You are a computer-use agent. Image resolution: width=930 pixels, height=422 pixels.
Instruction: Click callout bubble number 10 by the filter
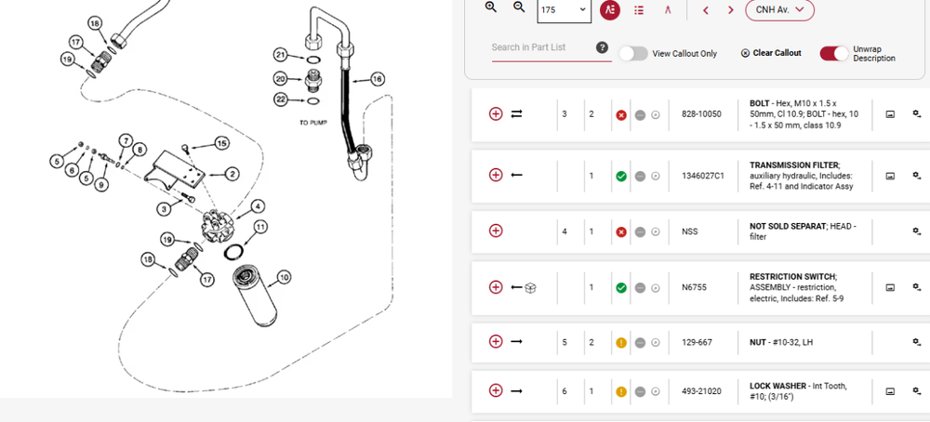point(284,277)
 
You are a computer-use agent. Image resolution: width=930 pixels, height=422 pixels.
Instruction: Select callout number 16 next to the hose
point(378,79)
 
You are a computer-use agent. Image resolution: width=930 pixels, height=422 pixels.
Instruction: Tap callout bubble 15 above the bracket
point(222,143)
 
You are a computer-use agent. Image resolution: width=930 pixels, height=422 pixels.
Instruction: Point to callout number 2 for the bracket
point(232,174)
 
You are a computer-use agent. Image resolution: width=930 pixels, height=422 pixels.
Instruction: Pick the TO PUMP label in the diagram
point(313,123)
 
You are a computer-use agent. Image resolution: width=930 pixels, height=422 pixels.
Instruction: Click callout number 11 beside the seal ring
point(260,227)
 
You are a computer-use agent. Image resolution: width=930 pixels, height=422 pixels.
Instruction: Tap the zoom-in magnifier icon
point(490,7)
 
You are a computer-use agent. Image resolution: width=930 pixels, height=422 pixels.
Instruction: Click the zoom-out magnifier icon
point(519,7)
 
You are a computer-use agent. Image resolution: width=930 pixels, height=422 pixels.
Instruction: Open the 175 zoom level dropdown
point(565,9)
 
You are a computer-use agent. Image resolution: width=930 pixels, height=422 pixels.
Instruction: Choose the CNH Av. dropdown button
point(779,9)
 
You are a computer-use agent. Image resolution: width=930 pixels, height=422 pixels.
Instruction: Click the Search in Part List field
point(543,47)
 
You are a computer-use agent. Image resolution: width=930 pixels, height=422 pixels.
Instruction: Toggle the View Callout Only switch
point(633,53)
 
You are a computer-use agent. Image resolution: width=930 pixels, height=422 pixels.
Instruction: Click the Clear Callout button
point(771,53)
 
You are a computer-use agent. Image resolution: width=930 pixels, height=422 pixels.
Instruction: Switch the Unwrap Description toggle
point(834,53)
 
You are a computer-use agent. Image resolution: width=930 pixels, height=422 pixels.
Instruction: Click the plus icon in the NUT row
point(496,341)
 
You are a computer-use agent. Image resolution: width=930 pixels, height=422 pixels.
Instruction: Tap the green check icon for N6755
point(621,287)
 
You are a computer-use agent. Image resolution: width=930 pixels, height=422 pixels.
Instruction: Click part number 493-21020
point(701,391)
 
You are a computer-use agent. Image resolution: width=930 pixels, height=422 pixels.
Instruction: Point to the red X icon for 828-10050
point(621,114)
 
